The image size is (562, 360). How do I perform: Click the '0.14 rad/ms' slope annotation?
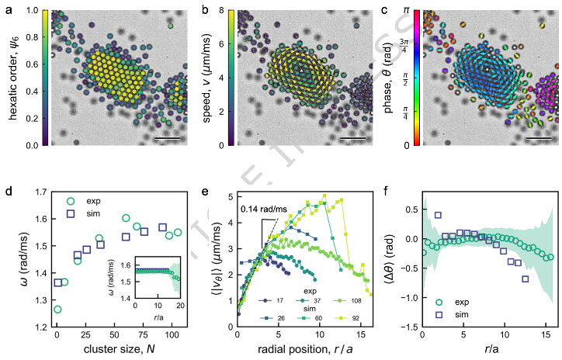tap(260, 208)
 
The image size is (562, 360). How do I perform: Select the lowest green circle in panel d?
tap(57, 309)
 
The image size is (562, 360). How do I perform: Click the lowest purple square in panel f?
tap(526, 279)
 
